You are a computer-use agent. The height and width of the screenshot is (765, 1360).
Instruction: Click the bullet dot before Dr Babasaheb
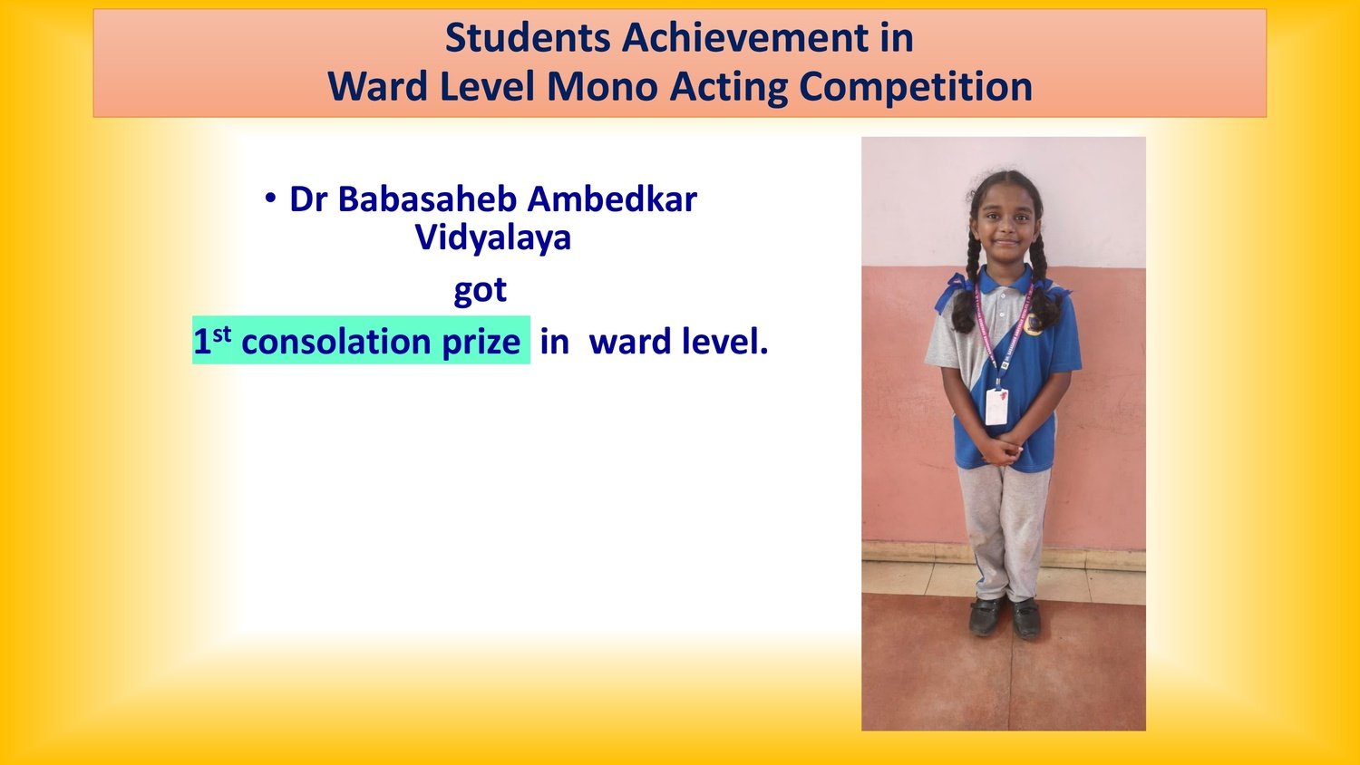[271, 198]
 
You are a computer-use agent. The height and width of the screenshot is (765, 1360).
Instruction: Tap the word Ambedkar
[612, 199]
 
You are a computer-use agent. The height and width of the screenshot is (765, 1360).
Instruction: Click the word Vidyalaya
[493, 237]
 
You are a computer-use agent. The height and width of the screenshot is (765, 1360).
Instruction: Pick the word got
[481, 290]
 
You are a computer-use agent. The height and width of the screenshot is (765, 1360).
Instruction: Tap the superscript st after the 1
[221, 334]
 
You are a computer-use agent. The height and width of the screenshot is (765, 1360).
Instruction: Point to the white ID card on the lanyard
[996, 406]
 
